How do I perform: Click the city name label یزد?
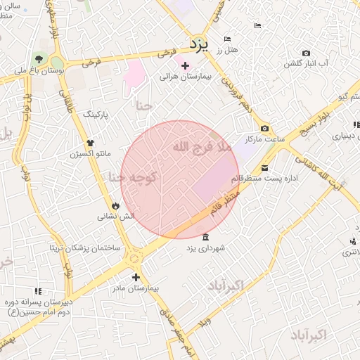(200, 44)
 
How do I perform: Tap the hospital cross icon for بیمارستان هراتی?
(185, 66)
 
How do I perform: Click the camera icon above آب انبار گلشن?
(305, 53)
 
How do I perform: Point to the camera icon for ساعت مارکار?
(264, 128)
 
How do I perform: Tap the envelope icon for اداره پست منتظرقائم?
(264, 167)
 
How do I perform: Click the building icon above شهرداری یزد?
(205, 237)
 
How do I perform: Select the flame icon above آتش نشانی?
(115, 205)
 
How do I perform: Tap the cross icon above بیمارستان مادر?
(136, 277)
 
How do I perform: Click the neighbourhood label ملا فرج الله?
(201, 147)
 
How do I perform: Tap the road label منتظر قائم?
(224, 200)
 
